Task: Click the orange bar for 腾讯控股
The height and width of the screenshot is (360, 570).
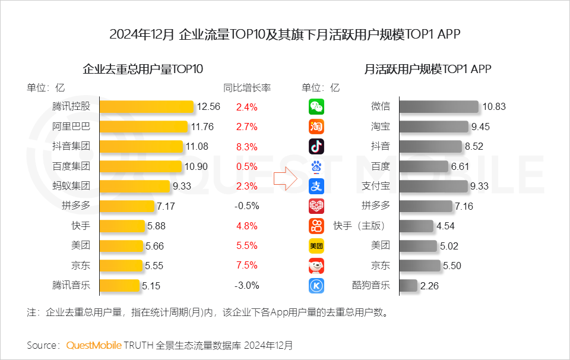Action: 147,107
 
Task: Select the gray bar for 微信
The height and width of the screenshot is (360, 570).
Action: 439,107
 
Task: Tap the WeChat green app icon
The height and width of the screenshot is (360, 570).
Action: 316,107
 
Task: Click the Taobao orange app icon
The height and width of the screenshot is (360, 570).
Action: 316,127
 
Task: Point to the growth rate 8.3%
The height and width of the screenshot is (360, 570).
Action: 246,147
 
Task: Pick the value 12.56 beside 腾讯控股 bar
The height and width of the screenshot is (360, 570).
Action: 208,107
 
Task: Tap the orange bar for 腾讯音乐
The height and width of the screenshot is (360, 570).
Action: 119,285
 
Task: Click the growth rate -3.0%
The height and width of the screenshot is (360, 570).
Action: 246,285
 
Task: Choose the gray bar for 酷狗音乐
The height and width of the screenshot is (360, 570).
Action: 408,286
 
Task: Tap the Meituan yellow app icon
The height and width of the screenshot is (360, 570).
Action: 316,245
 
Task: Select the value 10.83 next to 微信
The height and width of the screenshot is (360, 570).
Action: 494,107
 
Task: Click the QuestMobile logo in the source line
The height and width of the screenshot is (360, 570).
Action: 94,345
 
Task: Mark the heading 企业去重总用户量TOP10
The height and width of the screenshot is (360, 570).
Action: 142,69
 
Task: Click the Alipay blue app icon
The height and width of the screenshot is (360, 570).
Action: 316,186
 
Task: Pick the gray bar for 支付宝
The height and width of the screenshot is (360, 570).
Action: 433,186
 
